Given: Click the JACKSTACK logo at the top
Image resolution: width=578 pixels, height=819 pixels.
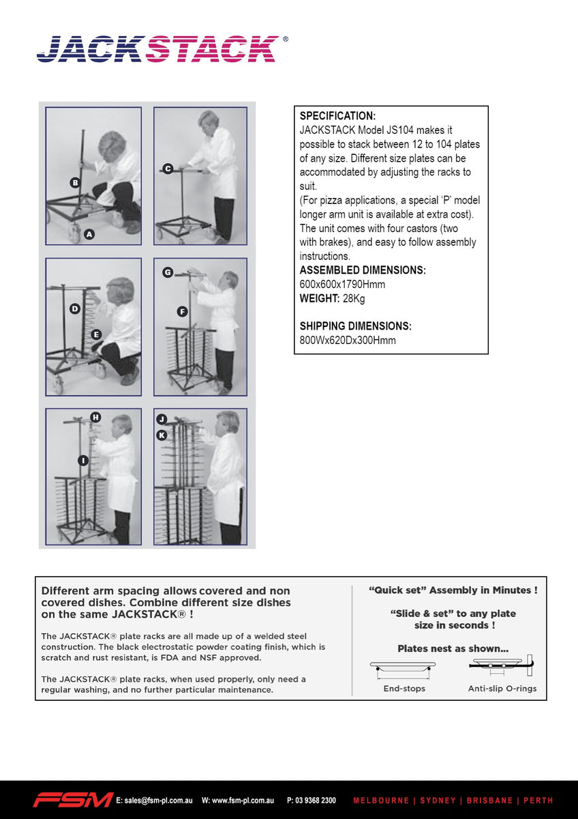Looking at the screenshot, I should pyautogui.click(x=157, y=49).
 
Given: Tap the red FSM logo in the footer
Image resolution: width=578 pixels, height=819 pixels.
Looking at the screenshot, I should pyautogui.click(x=74, y=800).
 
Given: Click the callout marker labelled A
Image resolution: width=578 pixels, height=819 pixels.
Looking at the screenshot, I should pyautogui.click(x=89, y=234).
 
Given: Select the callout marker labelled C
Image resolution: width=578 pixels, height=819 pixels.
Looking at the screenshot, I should pyautogui.click(x=167, y=169).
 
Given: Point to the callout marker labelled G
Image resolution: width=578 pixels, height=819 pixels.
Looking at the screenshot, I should pyautogui.click(x=167, y=272).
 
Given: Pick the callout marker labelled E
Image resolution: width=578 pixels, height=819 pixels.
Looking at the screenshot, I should pyautogui.click(x=96, y=334).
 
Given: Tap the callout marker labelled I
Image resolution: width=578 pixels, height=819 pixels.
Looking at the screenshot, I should pyautogui.click(x=82, y=461).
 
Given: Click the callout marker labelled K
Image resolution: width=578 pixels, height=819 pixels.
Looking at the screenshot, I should pyautogui.click(x=162, y=435).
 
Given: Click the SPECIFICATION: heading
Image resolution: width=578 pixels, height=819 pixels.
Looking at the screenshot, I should pyautogui.click(x=337, y=116).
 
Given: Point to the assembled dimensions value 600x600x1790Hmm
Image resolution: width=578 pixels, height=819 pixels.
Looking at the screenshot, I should pyautogui.click(x=342, y=285).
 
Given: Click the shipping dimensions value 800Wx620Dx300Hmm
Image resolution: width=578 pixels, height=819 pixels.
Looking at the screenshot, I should pyautogui.click(x=348, y=340).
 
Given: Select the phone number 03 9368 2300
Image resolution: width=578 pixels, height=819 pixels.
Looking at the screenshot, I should pyautogui.click(x=316, y=800).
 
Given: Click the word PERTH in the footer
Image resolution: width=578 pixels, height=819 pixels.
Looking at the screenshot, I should pyautogui.click(x=538, y=800).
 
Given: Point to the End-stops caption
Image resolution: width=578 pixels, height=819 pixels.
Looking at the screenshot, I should pyautogui.click(x=404, y=689).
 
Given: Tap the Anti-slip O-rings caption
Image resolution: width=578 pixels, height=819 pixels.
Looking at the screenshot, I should pyautogui.click(x=502, y=689).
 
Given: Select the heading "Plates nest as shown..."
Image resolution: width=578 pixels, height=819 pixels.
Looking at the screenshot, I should pyautogui.click(x=453, y=648).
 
